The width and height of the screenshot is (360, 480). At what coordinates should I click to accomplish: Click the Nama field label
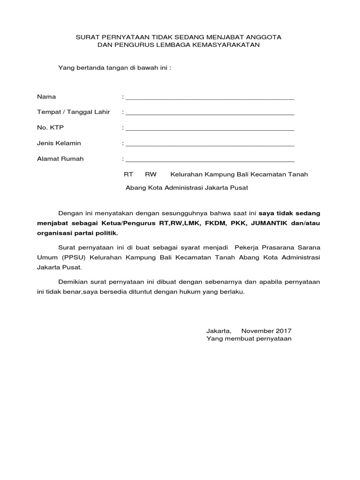pos(46,97)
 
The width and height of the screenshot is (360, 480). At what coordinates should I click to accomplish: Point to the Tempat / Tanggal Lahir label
pos(73,112)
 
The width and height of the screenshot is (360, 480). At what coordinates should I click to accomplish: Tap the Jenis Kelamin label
pos(59,143)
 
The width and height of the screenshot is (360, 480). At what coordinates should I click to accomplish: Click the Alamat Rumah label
pos(60,159)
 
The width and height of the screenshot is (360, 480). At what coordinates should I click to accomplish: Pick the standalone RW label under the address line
pos(150,174)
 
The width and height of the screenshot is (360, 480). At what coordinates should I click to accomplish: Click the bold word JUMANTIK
pos(270,223)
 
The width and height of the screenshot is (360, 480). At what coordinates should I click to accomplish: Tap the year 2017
pos(283,331)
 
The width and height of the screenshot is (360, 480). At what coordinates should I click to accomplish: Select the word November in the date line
pos(257,331)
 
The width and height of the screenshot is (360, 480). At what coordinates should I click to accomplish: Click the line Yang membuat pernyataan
pos(249,338)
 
